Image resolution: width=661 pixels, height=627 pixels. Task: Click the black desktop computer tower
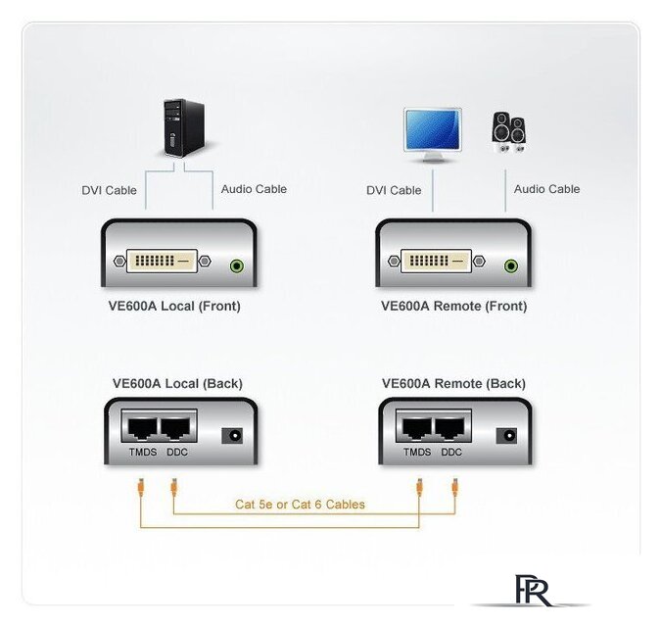[184, 128]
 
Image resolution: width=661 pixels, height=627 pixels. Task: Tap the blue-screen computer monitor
[433, 135]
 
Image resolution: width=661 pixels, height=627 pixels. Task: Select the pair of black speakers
[508, 132]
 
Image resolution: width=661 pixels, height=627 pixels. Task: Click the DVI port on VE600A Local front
[163, 261]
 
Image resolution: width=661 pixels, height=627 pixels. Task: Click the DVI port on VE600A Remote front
[437, 261]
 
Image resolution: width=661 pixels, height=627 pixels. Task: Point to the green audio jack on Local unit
[237, 266]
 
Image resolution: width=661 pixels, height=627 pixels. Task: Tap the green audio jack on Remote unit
[511, 266]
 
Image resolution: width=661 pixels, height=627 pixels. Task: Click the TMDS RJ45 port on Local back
[142, 428]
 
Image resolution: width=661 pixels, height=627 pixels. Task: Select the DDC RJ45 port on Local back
[176, 428]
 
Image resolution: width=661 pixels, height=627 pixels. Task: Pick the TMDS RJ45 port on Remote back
[417, 428]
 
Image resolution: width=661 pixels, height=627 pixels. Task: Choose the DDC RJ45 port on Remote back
[450, 428]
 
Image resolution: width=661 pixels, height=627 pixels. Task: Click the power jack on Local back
[232, 436]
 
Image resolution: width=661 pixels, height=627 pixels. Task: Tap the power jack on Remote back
[506, 436]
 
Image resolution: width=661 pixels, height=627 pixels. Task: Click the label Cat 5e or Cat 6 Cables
[301, 505]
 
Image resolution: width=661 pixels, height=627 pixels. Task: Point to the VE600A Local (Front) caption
[174, 306]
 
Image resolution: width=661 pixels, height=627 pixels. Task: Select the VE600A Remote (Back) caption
[453, 384]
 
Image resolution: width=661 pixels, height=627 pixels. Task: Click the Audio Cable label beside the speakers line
[546, 189]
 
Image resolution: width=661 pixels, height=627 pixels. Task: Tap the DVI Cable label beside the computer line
[109, 191]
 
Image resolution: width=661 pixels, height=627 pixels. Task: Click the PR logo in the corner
[533, 591]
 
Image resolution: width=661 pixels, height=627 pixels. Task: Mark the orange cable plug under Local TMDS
[141, 487]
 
